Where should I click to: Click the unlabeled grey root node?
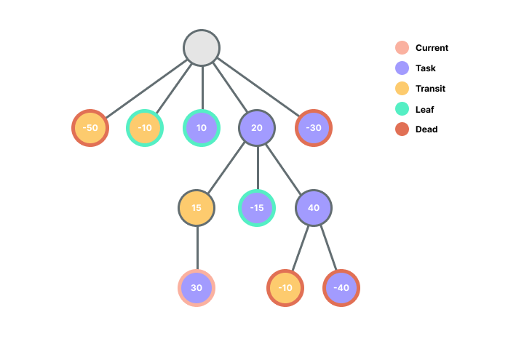pos(202,48)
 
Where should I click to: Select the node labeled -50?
pos(90,128)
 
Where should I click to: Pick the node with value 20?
pos(257,128)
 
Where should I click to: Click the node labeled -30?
pos(314,128)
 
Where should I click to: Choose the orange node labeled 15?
pos(197,208)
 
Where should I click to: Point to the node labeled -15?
pos(257,208)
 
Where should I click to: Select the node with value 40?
pos(314,208)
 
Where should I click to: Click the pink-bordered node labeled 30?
pos(197,287)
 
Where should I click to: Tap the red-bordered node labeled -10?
pos(285,287)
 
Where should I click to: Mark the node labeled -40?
pos(341,287)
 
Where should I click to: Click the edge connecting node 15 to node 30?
pos(197,247)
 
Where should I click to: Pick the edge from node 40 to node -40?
pos(328,247)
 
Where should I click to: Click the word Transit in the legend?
pos(430,89)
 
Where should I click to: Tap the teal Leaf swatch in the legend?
pos(402,109)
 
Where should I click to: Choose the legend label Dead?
pos(426,129)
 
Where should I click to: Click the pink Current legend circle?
pos(402,48)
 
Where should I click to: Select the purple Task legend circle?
pos(402,68)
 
